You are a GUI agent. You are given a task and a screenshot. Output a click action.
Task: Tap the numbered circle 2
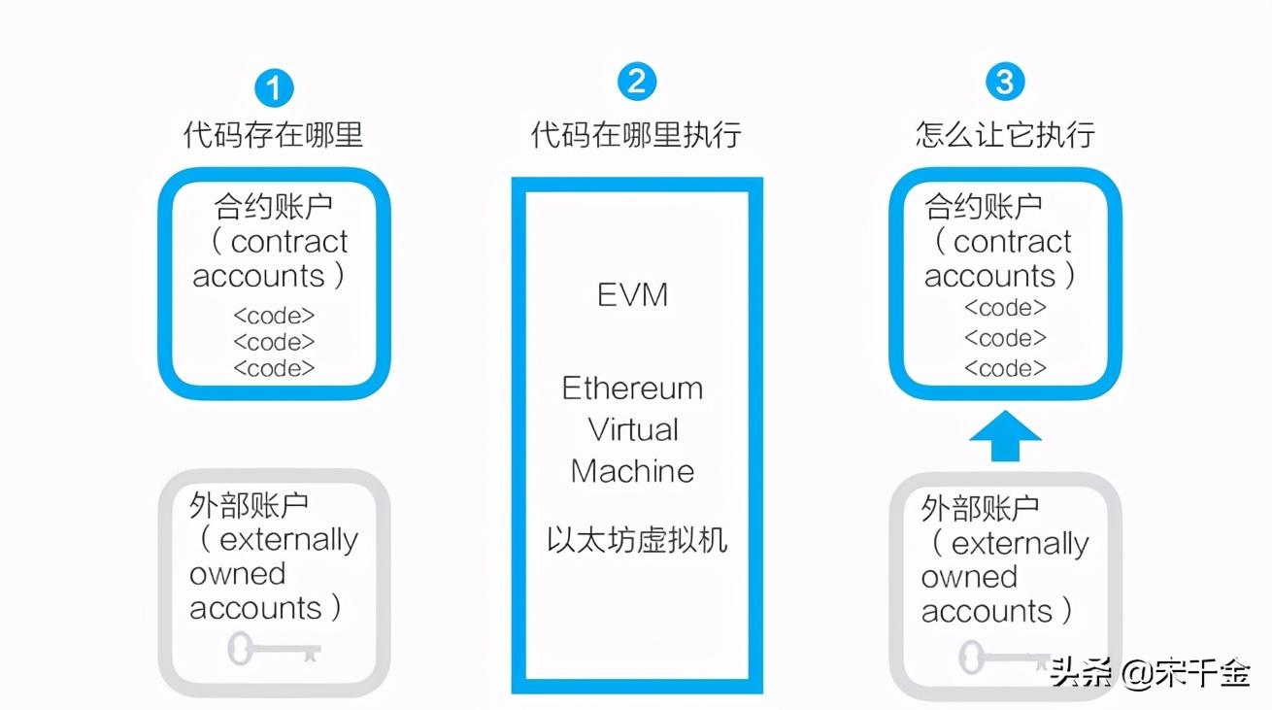pos(636,82)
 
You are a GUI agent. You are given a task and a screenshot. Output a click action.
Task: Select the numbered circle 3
pos(1004,82)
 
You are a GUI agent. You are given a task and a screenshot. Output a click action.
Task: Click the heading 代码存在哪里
pos(273,134)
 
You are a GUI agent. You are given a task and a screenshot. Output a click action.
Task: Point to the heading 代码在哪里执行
pos(636,134)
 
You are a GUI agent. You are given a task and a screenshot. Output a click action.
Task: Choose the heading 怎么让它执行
pos(1005,134)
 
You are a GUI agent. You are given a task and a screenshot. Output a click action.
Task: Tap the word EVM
pos(633,295)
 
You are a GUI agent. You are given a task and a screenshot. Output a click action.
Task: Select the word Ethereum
pos(632,389)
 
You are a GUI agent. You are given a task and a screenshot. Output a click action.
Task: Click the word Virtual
pos(633,429)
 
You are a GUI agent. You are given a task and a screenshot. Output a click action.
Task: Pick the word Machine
pos(633,471)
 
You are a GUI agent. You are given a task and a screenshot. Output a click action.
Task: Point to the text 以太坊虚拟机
pos(636,540)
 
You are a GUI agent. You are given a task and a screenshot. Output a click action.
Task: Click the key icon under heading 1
pos(274,648)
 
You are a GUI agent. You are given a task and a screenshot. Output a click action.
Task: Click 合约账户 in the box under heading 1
pos(273,205)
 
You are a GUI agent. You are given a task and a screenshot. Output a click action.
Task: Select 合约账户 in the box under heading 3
pos(984,205)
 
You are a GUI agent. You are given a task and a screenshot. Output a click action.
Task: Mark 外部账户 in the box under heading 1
pos(249,505)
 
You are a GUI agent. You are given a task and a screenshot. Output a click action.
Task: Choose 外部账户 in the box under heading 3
pos(980,507)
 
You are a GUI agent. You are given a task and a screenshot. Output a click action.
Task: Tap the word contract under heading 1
pos(289,241)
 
